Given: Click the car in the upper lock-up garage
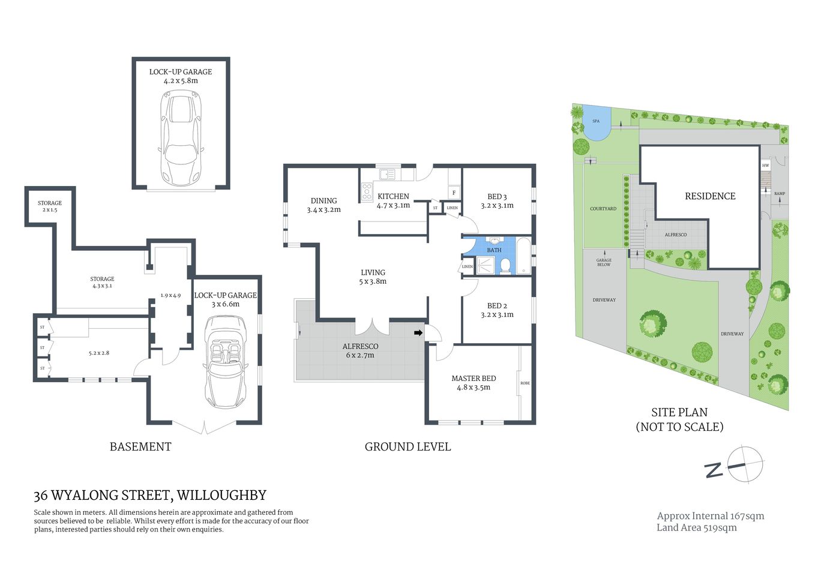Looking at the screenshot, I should [x=181, y=139].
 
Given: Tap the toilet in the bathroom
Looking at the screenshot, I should [x=505, y=265].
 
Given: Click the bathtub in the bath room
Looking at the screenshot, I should [x=523, y=256].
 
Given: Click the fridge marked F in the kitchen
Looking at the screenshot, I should [x=454, y=193].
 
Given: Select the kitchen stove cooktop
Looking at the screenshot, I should [x=367, y=192].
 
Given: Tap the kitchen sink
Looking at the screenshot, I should [x=387, y=175].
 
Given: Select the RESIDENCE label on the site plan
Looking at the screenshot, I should [x=710, y=196].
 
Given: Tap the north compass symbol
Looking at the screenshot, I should [x=744, y=464].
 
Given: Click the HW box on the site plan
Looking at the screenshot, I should [x=765, y=166].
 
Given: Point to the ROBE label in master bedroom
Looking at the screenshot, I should [x=525, y=383].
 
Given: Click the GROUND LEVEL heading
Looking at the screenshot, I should [x=407, y=446].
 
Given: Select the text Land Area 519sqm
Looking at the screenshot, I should [x=696, y=528].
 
